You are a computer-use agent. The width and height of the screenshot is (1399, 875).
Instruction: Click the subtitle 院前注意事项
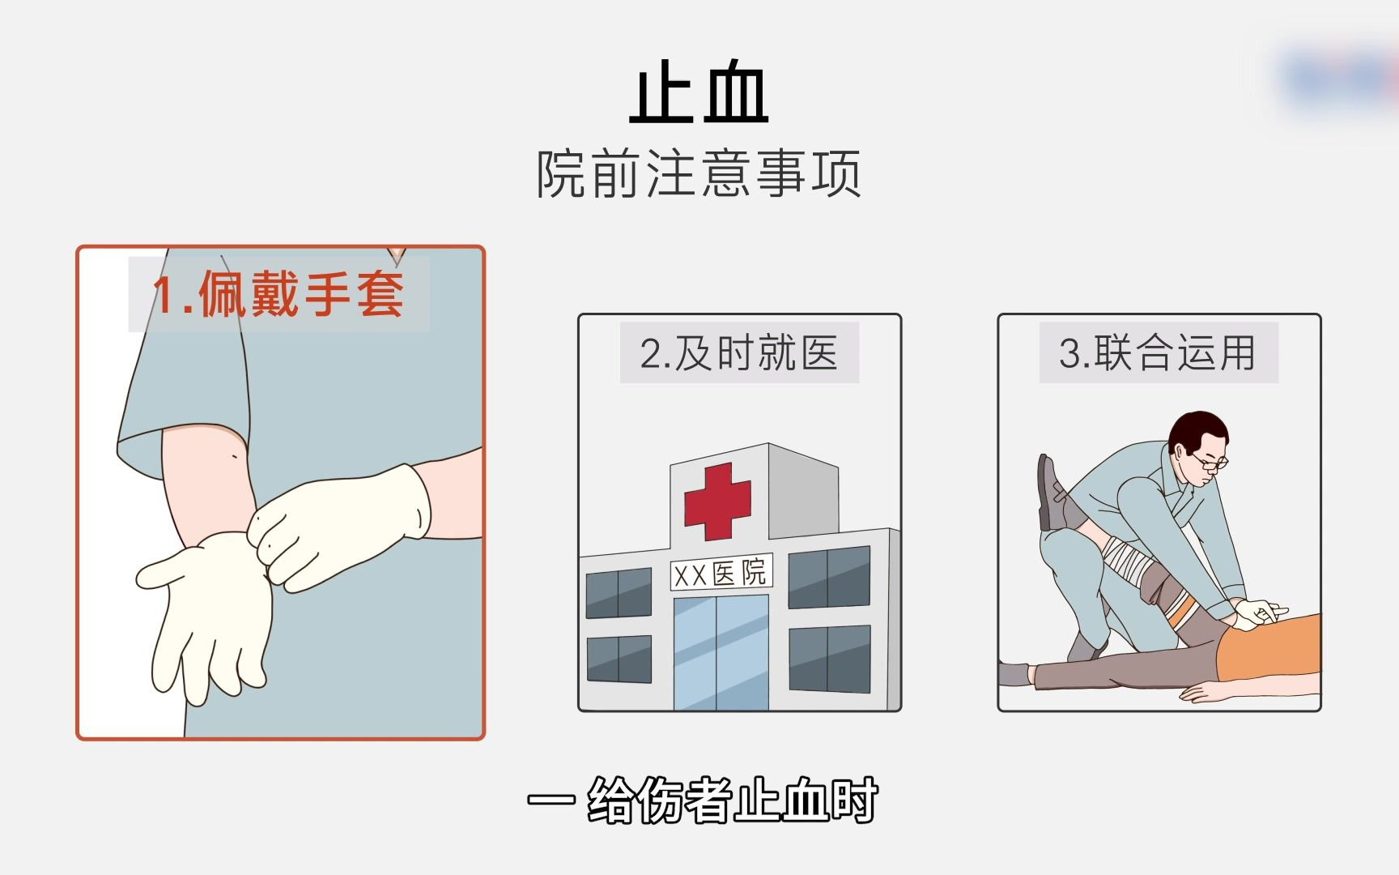pos(698,173)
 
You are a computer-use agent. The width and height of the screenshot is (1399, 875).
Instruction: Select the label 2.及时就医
pos(738,353)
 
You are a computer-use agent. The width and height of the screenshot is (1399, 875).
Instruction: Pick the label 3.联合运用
pos(1158,353)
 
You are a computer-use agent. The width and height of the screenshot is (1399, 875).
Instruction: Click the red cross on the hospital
pos(717,501)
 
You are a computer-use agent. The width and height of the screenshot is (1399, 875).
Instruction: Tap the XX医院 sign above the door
pos(721,574)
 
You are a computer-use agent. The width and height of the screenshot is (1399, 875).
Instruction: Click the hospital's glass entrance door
pos(721,652)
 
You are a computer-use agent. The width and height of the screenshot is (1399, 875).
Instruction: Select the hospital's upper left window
pos(619,593)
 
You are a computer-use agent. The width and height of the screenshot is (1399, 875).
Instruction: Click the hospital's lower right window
pos(829,659)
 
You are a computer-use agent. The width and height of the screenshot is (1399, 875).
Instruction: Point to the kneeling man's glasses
pos(1211,462)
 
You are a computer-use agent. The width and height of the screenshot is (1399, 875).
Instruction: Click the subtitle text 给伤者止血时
pos(732,800)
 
